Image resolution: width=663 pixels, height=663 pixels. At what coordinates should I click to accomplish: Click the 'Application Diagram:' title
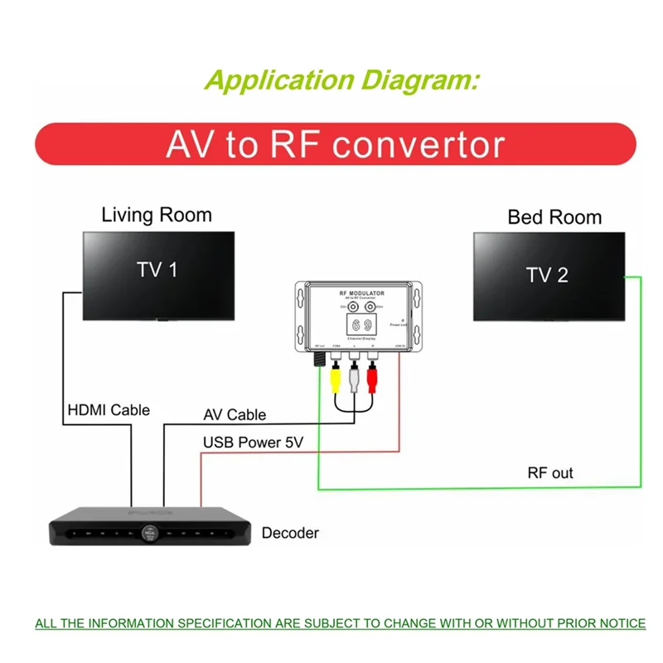(x=341, y=80)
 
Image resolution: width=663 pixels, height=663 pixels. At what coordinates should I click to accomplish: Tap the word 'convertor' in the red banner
(x=419, y=144)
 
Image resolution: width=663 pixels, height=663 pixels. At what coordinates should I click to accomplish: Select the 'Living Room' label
(x=157, y=215)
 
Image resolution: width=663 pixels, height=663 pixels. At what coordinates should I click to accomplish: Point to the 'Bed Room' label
(x=554, y=218)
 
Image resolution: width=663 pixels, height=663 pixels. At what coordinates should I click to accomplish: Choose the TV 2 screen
(x=549, y=275)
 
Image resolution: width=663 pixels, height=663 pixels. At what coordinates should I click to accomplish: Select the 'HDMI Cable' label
(x=109, y=409)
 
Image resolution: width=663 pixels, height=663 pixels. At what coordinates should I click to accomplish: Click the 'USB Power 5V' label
(x=253, y=443)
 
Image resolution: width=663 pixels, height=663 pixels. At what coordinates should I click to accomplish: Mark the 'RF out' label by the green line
(x=550, y=473)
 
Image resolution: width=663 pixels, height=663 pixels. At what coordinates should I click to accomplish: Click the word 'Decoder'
(x=290, y=533)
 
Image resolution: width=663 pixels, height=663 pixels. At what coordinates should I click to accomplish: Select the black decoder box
(x=148, y=530)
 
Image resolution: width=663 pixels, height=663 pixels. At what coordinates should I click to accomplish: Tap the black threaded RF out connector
(x=319, y=359)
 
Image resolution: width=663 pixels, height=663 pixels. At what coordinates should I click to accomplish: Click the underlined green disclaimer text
(x=340, y=623)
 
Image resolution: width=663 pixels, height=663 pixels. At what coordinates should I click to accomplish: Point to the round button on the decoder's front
(x=149, y=534)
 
